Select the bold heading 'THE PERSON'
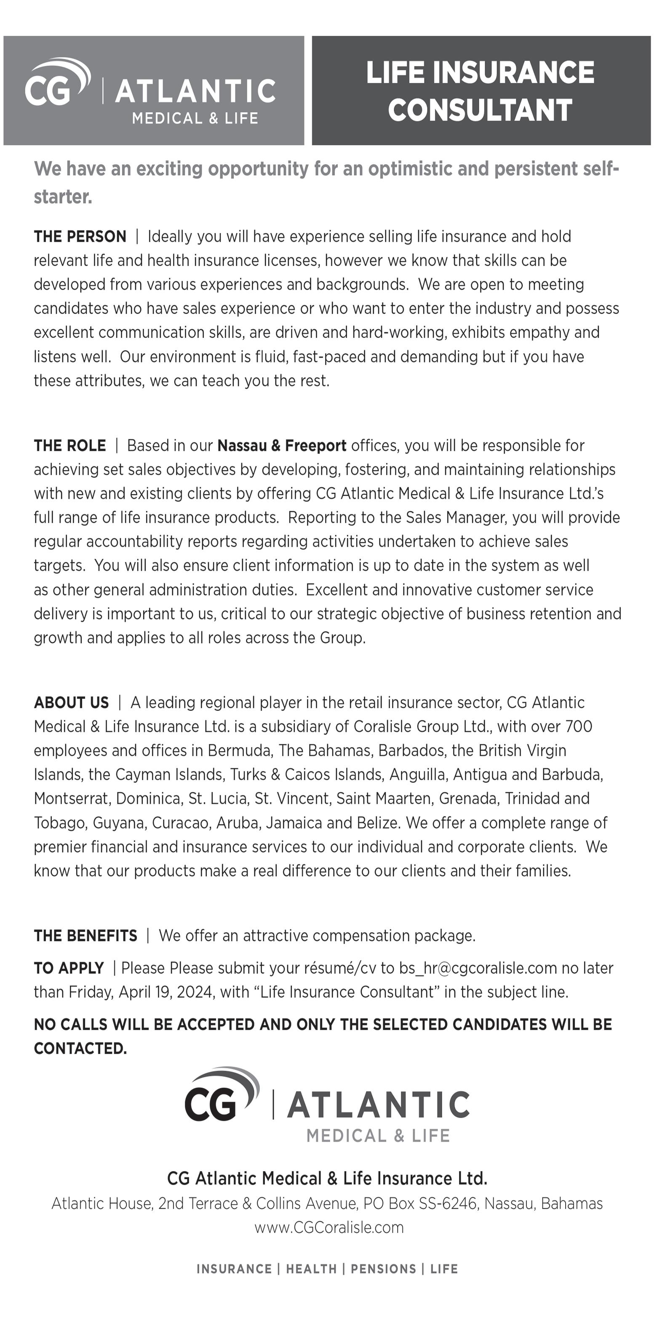click(x=80, y=236)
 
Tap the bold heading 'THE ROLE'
click(x=70, y=446)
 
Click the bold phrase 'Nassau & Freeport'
click(x=282, y=446)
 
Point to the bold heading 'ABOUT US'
click(x=71, y=703)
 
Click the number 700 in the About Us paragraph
click(x=578, y=727)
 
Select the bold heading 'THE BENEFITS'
click(x=85, y=936)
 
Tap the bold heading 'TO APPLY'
click(x=69, y=968)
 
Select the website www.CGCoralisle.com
click(x=328, y=1228)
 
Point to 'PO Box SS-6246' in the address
click(x=419, y=1204)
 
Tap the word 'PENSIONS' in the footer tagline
click(x=383, y=1269)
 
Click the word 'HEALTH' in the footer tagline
click(x=311, y=1269)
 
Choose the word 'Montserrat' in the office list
click(x=72, y=798)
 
